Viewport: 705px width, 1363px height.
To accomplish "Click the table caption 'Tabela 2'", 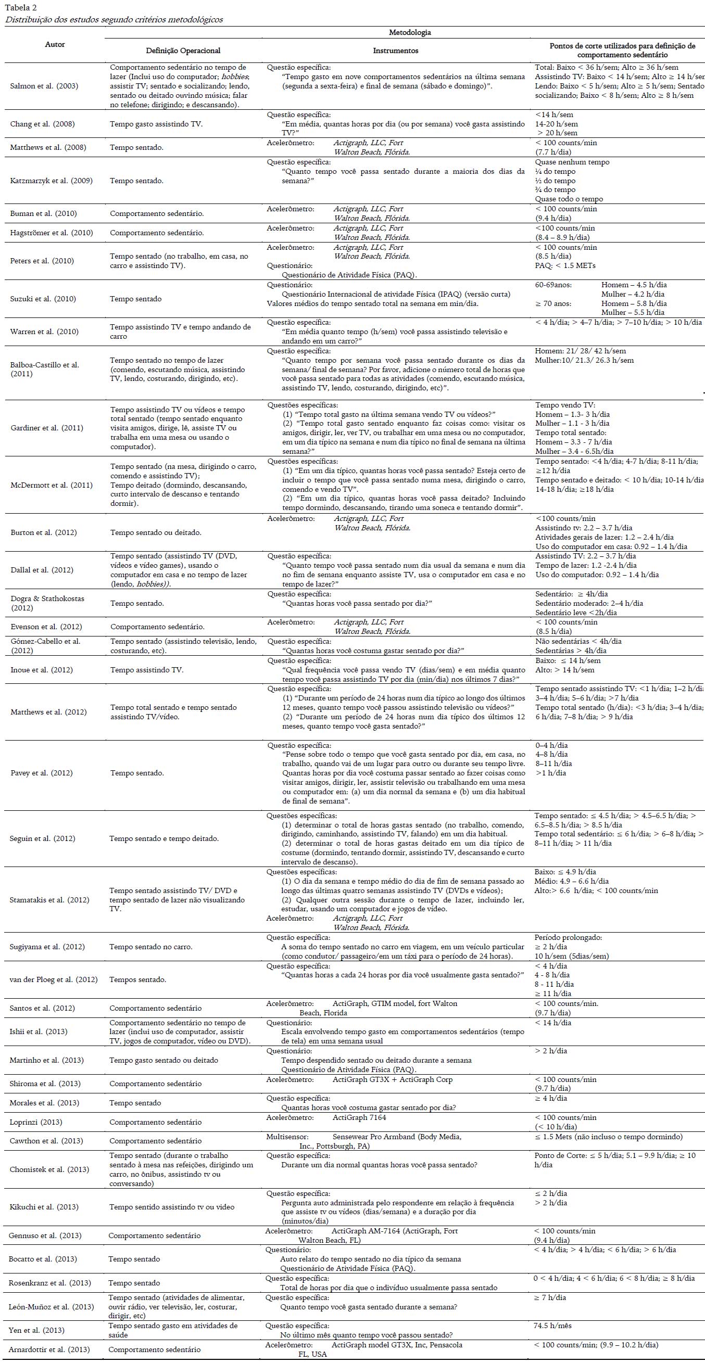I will point(21,7).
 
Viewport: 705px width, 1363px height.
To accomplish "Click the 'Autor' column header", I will point(55,44).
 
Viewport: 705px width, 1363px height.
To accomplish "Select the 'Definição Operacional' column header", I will point(183,51).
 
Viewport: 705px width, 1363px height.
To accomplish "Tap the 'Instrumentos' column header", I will point(395,51).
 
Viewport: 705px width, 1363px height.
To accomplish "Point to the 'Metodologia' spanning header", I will point(410,32).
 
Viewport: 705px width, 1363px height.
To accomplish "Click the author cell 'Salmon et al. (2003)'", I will point(44,86).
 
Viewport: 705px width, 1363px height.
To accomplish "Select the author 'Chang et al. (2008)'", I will point(42,124).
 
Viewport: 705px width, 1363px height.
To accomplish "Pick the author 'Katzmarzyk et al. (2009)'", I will point(52,181).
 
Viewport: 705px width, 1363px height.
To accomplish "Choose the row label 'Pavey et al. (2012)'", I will point(41,772).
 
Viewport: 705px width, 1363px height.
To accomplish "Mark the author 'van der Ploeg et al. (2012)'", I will point(54,979).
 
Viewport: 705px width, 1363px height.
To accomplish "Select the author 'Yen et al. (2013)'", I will point(36,1330).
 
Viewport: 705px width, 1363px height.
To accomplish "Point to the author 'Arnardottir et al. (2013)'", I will point(49,1349).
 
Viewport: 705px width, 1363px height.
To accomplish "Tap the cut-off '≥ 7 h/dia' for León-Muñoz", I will point(550,1297).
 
